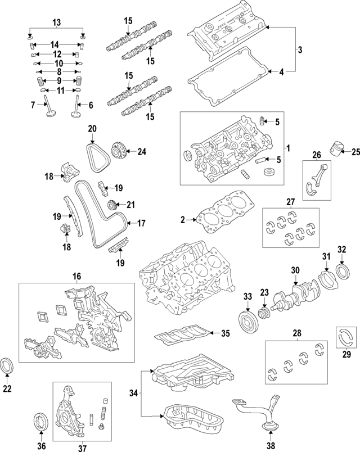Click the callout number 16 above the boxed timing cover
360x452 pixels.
click(76, 276)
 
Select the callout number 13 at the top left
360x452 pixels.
click(56, 22)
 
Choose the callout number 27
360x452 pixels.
click(290, 201)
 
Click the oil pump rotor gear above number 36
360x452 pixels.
click(40, 422)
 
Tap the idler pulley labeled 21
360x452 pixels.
click(111, 204)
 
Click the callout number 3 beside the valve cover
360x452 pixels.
click(300, 50)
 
